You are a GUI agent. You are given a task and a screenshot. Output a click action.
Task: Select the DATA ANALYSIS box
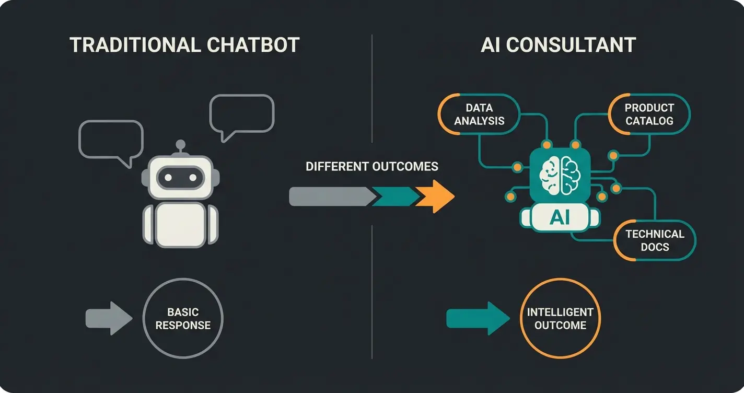pyautogui.click(x=479, y=114)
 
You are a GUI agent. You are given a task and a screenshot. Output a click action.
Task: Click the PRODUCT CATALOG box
pyautogui.click(x=649, y=114)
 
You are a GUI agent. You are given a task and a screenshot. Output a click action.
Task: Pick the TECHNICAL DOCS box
pyautogui.click(x=655, y=240)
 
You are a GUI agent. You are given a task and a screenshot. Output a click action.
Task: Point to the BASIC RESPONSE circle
pyautogui.click(x=183, y=319)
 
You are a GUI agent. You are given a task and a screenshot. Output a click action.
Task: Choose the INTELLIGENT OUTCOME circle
pyautogui.click(x=560, y=319)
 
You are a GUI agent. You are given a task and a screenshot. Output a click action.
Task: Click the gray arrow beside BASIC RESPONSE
pyautogui.click(x=108, y=318)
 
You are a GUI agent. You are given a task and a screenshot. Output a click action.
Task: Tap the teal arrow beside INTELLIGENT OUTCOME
pyautogui.click(x=477, y=318)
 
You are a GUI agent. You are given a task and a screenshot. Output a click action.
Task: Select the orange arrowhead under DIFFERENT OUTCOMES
pyautogui.click(x=436, y=196)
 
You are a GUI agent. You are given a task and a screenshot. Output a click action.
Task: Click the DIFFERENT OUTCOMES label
pyautogui.click(x=371, y=167)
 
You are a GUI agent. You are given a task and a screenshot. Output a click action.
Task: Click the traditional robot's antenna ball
pyautogui.click(x=180, y=144)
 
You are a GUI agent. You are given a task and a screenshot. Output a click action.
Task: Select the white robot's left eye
pyautogui.click(x=168, y=178)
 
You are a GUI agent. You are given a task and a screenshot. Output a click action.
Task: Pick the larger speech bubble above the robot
pyautogui.click(x=241, y=113)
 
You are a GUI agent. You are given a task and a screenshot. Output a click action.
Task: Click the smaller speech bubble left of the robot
pyautogui.click(x=110, y=138)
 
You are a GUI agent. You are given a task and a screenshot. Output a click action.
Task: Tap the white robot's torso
pyautogui.click(x=180, y=223)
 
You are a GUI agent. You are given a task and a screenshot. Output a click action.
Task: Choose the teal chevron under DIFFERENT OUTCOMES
pyautogui.click(x=396, y=196)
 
